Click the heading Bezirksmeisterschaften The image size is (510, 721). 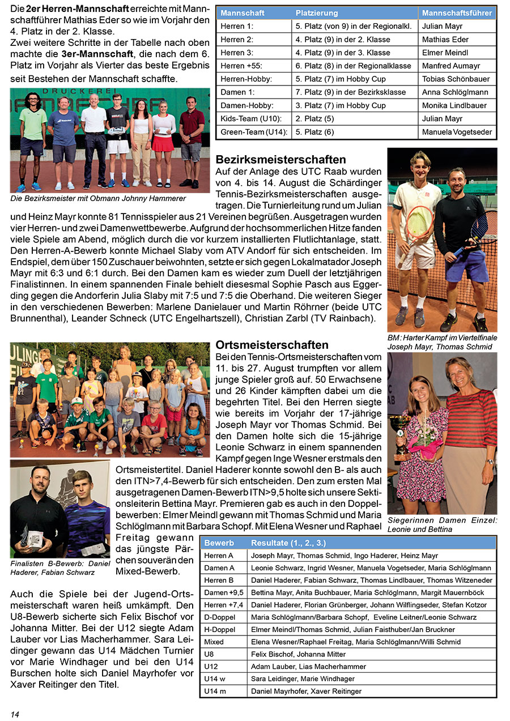pos(281,160)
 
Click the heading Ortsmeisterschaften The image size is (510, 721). pos(273,345)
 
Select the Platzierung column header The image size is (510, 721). pos(317,13)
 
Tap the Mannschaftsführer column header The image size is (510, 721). pos(457,13)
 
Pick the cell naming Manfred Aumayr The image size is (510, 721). pos(451,66)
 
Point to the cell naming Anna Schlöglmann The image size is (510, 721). pos(455,92)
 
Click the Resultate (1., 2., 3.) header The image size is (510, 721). pos(288,543)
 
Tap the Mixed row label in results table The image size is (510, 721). pos(214,642)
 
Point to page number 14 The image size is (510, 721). pos(15,714)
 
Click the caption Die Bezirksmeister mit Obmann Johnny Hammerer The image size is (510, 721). pos(98,199)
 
